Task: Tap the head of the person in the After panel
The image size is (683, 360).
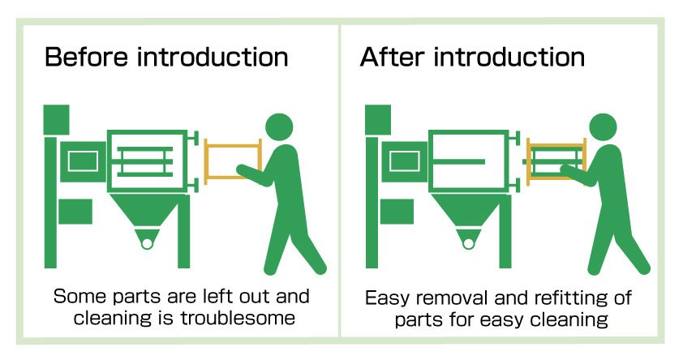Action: click(x=603, y=127)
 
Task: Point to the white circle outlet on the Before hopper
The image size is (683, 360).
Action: click(x=146, y=241)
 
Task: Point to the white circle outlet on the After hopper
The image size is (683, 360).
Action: click(x=468, y=241)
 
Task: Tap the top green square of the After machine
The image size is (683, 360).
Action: click(x=379, y=119)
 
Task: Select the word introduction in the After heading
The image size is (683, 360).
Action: click(x=509, y=58)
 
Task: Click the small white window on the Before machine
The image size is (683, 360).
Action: click(x=83, y=161)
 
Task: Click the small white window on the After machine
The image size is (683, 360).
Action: click(x=405, y=161)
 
